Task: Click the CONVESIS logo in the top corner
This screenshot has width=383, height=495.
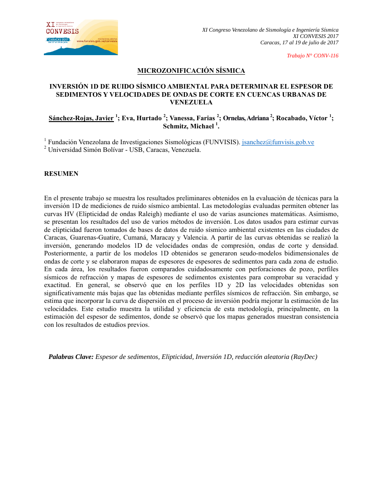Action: click(x=80, y=38)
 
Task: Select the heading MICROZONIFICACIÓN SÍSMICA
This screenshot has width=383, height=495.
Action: click(x=191, y=71)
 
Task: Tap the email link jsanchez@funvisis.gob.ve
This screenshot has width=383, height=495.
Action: click(x=278, y=142)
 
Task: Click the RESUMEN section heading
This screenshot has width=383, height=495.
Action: click(x=61, y=174)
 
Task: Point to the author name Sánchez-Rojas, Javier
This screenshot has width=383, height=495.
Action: click(x=81, y=118)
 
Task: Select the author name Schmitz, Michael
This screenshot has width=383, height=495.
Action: click(x=188, y=126)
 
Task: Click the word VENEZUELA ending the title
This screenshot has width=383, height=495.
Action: click(x=191, y=102)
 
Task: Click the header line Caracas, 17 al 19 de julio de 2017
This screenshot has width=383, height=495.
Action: click(x=299, y=42)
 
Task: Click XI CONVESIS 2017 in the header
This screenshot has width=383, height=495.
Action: click(x=316, y=36)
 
